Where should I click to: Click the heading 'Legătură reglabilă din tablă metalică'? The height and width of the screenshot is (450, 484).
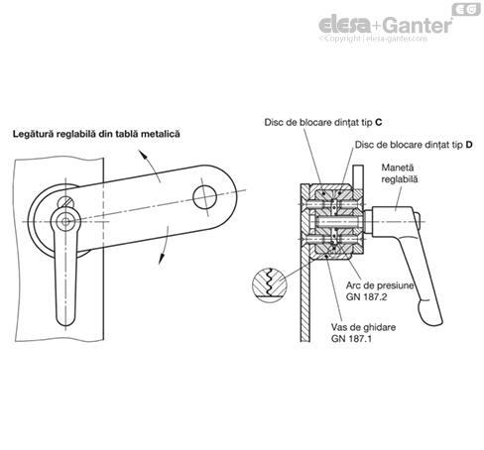pyautogui.click(x=96, y=134)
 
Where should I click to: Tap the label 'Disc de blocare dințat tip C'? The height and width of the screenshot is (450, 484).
pyautogui.click(x=323, y=122)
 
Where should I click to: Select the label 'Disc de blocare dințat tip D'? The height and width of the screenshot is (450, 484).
pyautogui.click(x=414, y=145)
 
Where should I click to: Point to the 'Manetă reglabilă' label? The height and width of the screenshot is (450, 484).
pyautogui.click(x=400, y=173)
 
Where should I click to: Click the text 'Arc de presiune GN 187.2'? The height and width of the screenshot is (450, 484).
pyautogui.click(x=380, y=291)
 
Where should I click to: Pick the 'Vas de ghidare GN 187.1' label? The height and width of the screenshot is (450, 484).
pyautogui.click(x=363, y=333)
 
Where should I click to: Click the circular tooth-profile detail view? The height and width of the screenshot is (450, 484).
pyautogui.click(x=270, y=284)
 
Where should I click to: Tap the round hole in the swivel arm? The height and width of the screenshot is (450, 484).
pyautogui.click(x=204, y=197)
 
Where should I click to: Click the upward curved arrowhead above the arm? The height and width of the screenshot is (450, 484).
pyautogui.click(x=142, y=155)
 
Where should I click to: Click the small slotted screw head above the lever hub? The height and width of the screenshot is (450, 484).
pyautogui.click(x=66, y=201)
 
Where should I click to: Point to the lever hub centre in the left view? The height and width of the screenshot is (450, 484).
pyautogui.click(x=65, y=222)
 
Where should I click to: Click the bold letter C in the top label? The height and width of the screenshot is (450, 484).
pyautogui.click(x=379, y=122)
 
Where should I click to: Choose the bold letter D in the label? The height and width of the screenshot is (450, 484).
pyautogui.click(x=469, y=145)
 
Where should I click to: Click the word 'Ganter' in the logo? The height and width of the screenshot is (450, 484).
pyautogui.click(x=419, y=25)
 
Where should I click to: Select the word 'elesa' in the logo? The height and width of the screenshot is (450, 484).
pyautogui.click(x=346, y=25)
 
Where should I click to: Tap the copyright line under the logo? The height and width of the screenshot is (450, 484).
pyautogui.click(x=373, y=39)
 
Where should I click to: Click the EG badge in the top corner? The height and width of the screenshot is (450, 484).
pyautogui.click(x=466, y=9)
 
